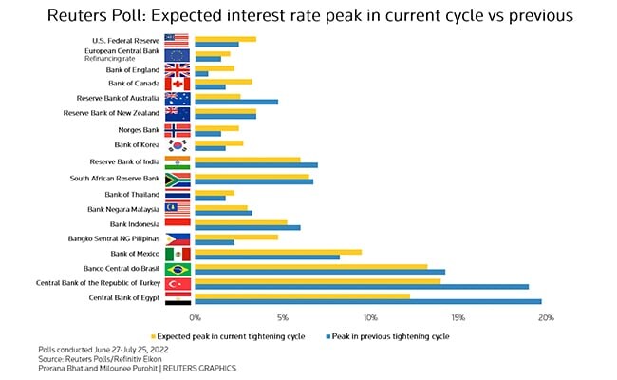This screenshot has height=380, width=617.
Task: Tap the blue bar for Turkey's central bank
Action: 362,286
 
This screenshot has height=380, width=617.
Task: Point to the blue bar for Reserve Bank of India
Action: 256,164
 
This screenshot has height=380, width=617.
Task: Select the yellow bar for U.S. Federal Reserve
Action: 225,39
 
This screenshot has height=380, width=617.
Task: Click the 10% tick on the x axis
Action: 370,317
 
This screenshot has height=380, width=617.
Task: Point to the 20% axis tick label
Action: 545,317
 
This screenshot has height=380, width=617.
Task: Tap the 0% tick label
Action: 196,317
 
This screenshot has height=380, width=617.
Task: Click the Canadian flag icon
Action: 178,85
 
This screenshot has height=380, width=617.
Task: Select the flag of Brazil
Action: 178,269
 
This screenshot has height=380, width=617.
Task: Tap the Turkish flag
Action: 178,284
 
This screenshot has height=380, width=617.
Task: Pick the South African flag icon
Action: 178,178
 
